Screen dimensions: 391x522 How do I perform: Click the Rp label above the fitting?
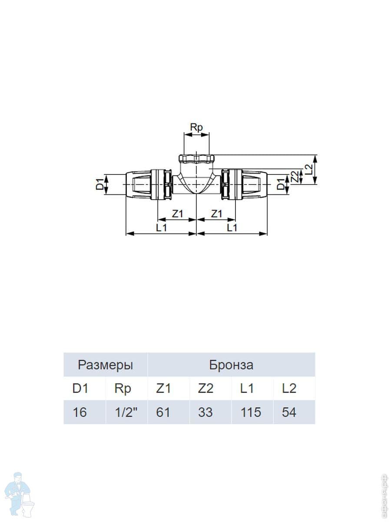(196, 128)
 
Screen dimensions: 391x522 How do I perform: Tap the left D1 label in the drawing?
(100, 184)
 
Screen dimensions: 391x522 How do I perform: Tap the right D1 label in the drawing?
(281, 184)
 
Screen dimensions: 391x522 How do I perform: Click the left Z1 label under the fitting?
(178, 214)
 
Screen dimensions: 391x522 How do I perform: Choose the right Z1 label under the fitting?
(216, 214)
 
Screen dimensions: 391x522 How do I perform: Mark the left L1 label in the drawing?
(162, 228)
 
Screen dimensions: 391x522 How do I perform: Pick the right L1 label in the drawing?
(232, 228)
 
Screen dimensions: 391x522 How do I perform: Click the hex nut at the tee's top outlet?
(196, 158)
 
